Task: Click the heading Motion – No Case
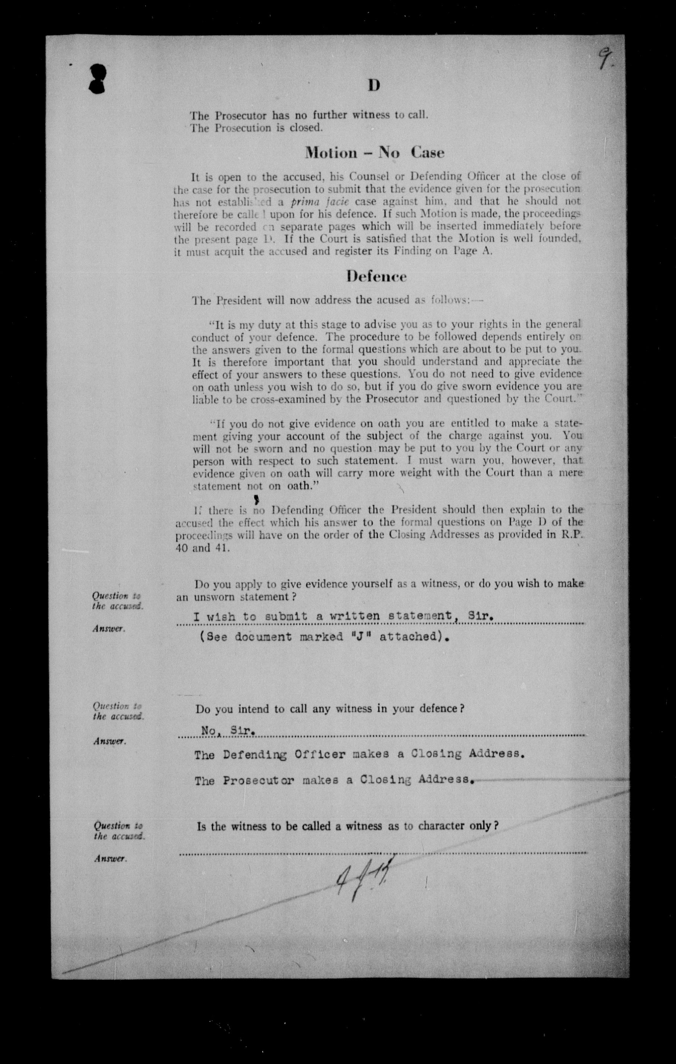374,152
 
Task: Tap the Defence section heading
376,276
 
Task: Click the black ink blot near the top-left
97,78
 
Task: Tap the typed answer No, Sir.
227,730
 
